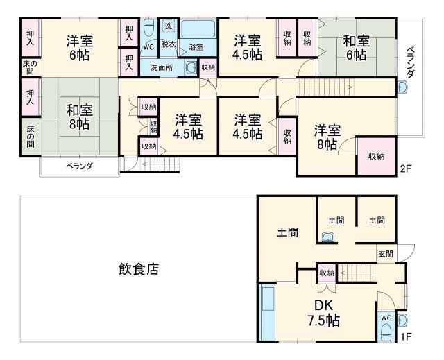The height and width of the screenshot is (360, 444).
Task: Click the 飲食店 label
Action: coord(138,269)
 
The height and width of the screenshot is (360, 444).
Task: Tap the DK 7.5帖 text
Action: coord(323,313)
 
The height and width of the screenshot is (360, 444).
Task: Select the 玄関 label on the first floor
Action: coord(386,255)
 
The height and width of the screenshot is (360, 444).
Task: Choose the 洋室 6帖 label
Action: coord(79,47)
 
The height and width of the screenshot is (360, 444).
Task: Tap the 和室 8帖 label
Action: coord(78,116)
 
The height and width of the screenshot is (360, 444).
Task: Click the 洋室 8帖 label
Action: coord(326,136)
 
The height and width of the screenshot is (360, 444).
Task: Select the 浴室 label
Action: coord(196,47)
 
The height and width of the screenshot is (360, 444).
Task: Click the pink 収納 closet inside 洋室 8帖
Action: coord(377,156)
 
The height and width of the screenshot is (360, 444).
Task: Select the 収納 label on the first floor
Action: coord(327,273)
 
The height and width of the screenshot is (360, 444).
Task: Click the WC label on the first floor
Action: coord(386,318)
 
